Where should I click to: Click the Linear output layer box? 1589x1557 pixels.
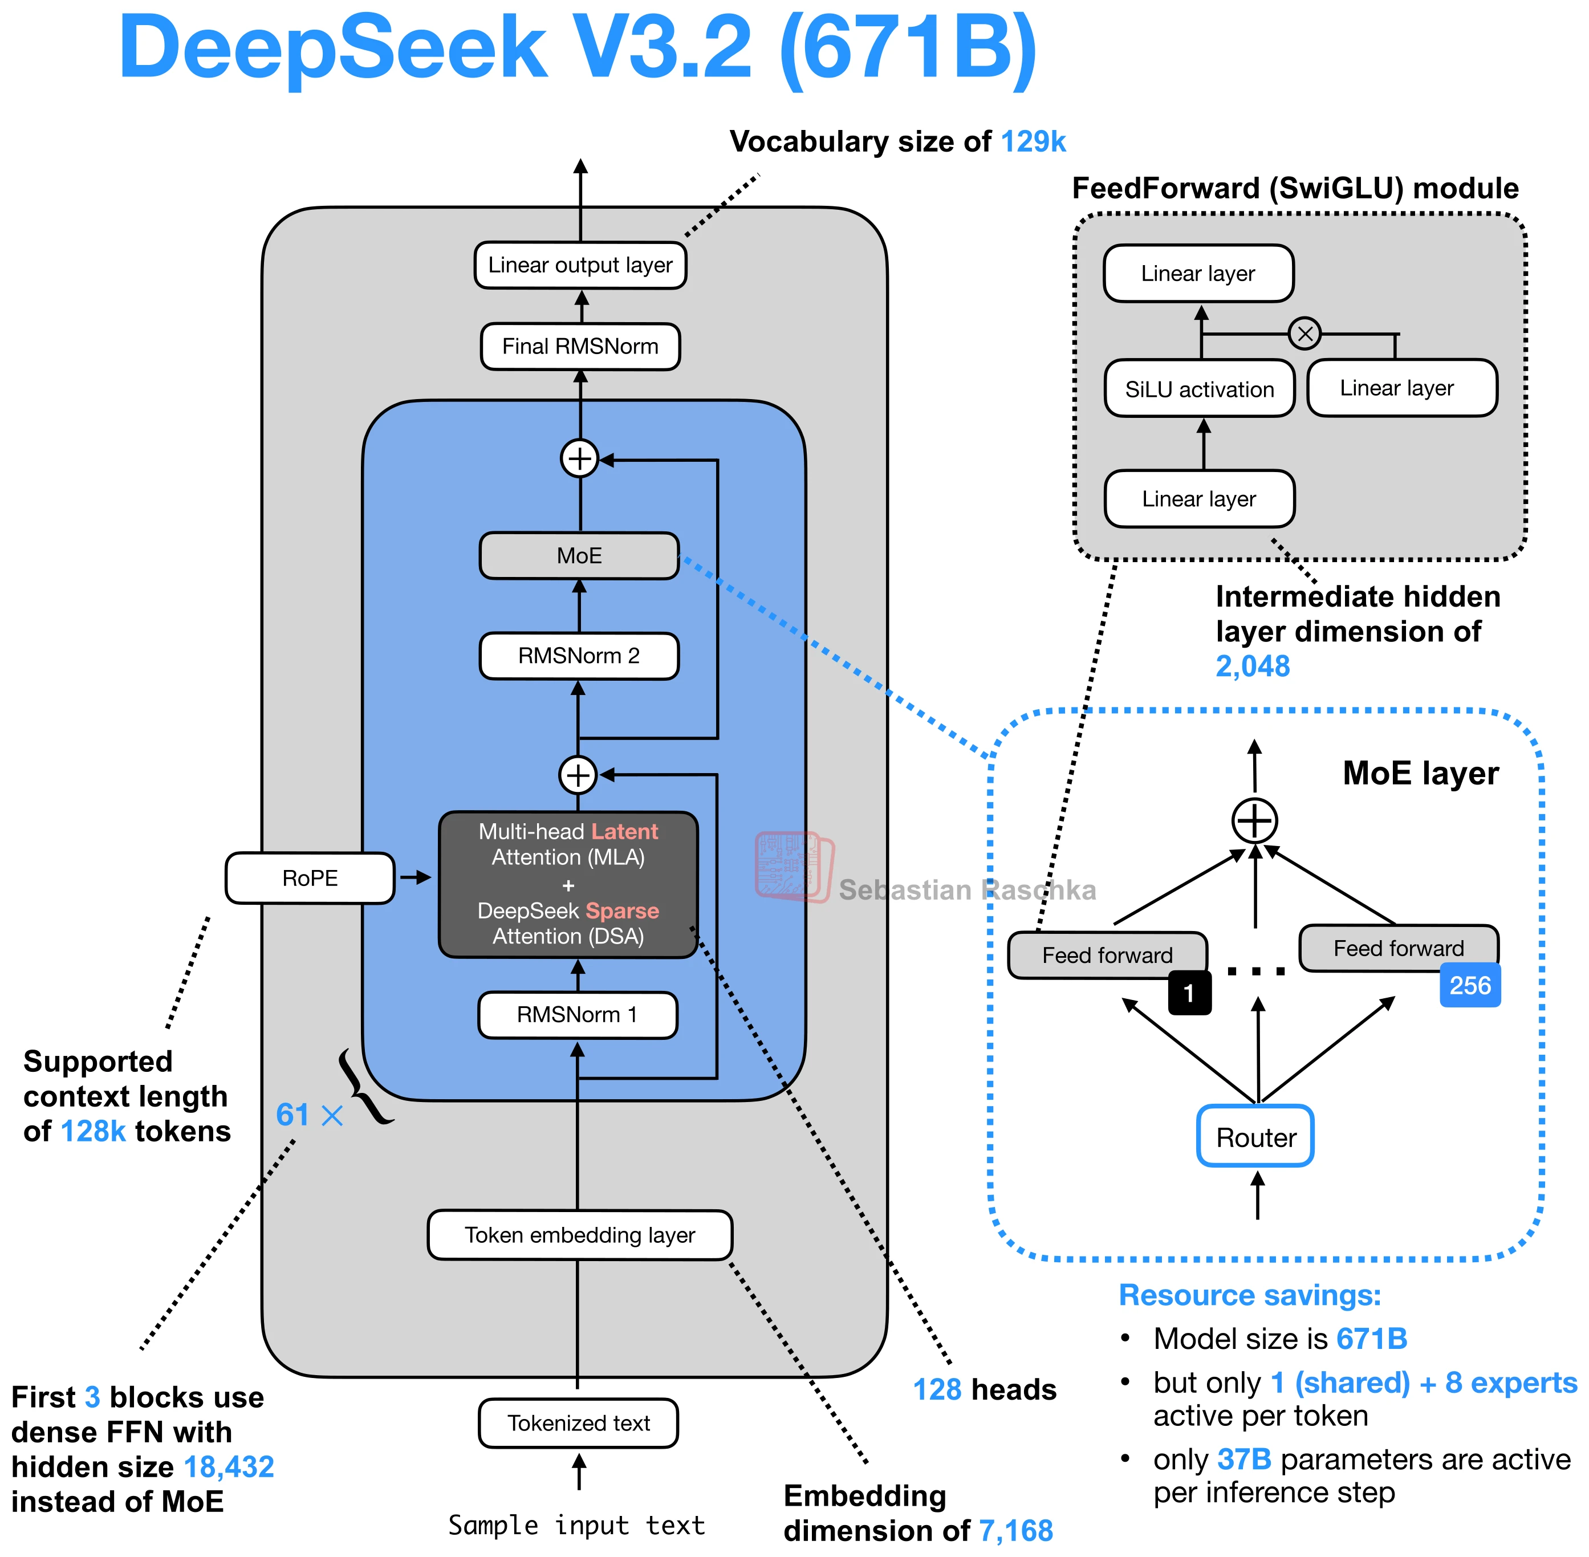point(580,265)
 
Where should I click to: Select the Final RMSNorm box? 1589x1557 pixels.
point(580,347)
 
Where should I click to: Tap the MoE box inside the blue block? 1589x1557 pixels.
point(579,556)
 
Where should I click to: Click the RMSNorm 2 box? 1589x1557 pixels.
point(579,656)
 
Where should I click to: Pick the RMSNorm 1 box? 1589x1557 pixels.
point(578,1015)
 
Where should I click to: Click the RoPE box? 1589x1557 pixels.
point(310,878)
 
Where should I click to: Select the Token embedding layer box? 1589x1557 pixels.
point(580,1235)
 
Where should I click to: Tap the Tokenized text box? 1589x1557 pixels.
point(578,1424)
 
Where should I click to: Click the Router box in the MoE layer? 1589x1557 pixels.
point(1255,1137)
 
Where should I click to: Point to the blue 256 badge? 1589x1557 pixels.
point(1470,985)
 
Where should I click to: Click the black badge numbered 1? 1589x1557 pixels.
point(1189,993)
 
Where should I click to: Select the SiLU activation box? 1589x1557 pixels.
point(1199,389)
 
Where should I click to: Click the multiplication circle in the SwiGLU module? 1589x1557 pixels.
point(1304,334)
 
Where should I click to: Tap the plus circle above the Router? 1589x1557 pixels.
point(1254,821)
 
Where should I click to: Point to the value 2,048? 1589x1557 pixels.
point(1252,666)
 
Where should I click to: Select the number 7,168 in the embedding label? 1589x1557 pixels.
point(1015,1531)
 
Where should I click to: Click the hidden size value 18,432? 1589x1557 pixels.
point(229,1467)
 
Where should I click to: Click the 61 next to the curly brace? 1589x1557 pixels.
point(292,1115)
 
